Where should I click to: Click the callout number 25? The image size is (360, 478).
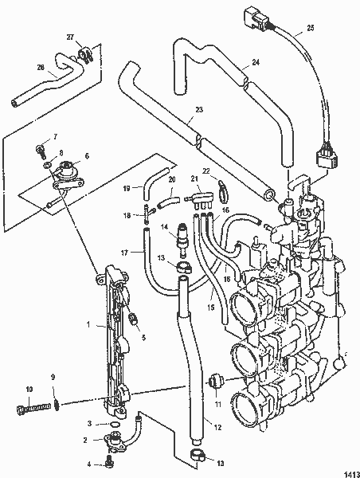[310, 28]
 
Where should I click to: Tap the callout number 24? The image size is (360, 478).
[256, 62]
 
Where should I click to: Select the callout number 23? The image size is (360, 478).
[199, 109]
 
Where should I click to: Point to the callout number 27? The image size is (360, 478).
[70, 37]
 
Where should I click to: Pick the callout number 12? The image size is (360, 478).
[217, 427]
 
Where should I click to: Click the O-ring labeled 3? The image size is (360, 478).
[115, 424]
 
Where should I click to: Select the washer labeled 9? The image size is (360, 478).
[57, 405]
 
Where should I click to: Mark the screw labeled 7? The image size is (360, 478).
[40, 151]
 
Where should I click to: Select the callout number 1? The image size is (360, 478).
[88, 324]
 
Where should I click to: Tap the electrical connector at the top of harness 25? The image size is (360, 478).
[257, 18]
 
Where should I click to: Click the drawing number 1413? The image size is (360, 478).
[352, 474]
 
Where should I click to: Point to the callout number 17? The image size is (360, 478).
[124, 252]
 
